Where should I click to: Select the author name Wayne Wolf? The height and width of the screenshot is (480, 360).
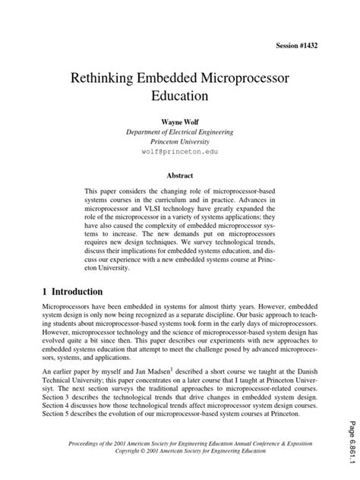click(x=179, y=121)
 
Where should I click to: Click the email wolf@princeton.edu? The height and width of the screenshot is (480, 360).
click(x=179, y=152)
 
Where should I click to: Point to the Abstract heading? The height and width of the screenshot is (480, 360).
click(x=179, y=174)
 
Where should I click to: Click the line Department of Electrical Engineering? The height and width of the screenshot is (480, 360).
click(x=179, y=131)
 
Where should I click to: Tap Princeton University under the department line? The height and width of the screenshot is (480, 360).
click(x=179, y=141)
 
